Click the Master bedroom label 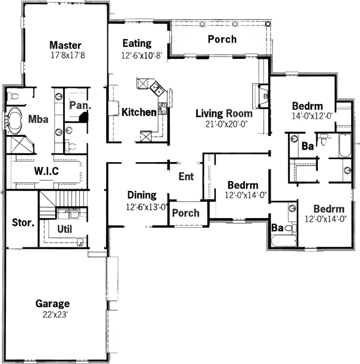click(65, 45)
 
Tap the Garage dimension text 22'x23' click(55, 315)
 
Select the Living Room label click(224, 114)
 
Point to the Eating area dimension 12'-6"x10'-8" click(142, 55)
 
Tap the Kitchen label click(139, 112)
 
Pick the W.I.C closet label click(47, 171)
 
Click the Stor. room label click(23, 223)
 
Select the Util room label click(64, 229)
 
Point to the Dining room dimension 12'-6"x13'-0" click(146, 207)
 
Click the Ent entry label click(186, 177)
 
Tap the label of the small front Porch click(186, 213)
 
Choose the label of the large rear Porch click(222, 39)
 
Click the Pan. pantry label click(80, 105)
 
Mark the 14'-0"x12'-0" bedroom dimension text click(312, 116)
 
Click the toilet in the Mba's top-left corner click(13, 96)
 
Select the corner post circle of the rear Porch click(268, 23)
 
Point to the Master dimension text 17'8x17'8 click(68, 55)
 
